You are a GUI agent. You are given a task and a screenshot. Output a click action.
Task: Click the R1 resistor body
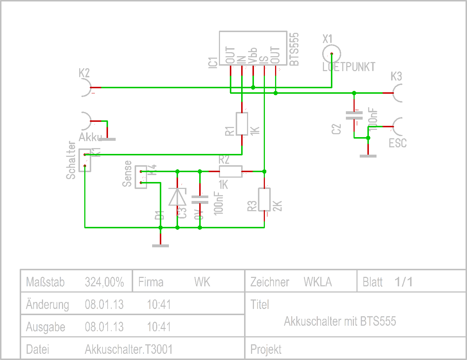tap(242, 124)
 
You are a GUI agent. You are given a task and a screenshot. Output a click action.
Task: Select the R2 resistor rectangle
tap(231, 171)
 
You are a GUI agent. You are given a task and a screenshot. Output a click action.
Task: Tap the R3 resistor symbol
tap(264, 200)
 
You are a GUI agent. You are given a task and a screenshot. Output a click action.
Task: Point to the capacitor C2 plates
tap(354, 116)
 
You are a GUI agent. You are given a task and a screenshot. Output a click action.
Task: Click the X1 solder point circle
tap(332, 54)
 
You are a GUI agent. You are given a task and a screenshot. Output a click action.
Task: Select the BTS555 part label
tap(294, 49)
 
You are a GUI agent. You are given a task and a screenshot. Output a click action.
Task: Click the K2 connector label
tap(84, 73)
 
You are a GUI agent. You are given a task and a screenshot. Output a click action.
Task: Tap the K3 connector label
tap(396, 77)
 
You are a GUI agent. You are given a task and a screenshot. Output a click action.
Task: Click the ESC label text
tap(398, 143)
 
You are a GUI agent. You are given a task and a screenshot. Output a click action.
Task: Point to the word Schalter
tap(71, 160)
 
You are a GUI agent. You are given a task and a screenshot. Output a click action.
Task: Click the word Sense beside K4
tap(127, 174)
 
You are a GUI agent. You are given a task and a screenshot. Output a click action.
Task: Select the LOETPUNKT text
tap(349, 67)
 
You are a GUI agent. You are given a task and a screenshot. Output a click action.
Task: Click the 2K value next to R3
tap(278, 206)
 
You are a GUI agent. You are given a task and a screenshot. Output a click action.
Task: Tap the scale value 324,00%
tap(104, 282)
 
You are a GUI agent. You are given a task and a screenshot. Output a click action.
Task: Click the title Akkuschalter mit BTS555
tap(340, 321)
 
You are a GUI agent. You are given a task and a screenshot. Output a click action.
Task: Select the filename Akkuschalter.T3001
tap(128, 349)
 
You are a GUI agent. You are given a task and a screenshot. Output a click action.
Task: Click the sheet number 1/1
tap(404, 282)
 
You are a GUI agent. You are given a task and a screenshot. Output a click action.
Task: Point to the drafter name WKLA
tap(318, 282)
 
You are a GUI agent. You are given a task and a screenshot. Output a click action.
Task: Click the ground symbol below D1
tap(161, 245)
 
